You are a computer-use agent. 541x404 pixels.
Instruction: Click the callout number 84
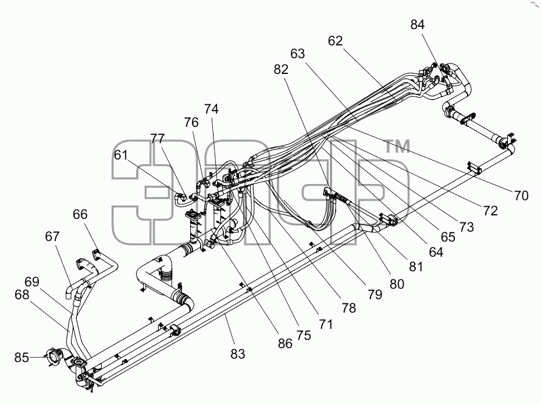pyautogui.click(x=418, y=24)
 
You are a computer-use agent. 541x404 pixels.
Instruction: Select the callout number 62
pyautogui.click(x=335, y=41)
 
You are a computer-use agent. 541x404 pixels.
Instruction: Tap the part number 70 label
pyautogui.click(x=521, y=196)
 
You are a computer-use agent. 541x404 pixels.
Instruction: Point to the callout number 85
pyautogui.click(x=22, y=357)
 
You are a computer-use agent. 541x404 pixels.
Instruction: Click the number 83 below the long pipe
pyautogui.click(x=237, y=354)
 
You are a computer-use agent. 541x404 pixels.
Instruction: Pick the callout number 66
pyautogui.click(x=80, y=214)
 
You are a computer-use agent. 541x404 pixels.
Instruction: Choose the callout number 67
pyautogui.click(x=52, y=236)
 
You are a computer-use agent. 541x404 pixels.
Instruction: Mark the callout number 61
pyautogui.click(x=121, y=155)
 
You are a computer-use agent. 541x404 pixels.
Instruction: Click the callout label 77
pyautogui.click(x=157, y=139)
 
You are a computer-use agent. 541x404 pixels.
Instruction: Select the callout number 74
pyautogui.click(x=211, y=109)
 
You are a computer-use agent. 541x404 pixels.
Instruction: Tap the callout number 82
pyautogui.click(x=281, y=69)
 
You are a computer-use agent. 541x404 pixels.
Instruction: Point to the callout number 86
pyautogui.click(x=285, y=343)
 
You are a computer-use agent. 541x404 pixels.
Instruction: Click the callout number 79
pyautogui.click(x=375, y=295)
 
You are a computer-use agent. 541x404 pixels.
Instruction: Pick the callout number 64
pyautogui.click(x=436, y=252)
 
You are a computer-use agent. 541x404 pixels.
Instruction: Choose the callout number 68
pyautogui.click(x=22, y=295)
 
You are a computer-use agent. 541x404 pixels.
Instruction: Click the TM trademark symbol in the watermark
pyautogui.click(x=398, y=146)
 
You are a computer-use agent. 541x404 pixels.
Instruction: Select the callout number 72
pyautogui.click(x=490, y=211)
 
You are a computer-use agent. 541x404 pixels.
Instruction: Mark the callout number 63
pyautogui.click(x=297, y=54)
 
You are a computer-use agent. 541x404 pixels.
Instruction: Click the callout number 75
pyautogui.click(x=304, y=335)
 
